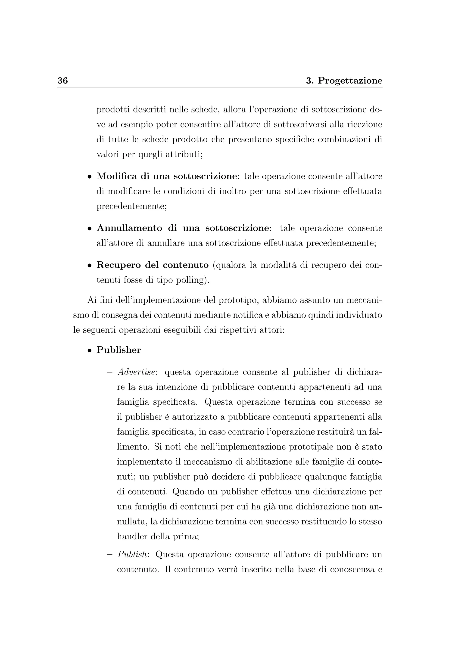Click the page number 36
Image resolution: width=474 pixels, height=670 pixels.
coord(62,81)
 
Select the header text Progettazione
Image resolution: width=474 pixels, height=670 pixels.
coord(350,81)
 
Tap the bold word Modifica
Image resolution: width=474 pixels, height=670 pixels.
coord(116,176)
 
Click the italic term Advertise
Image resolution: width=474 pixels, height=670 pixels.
coord(136,372)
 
